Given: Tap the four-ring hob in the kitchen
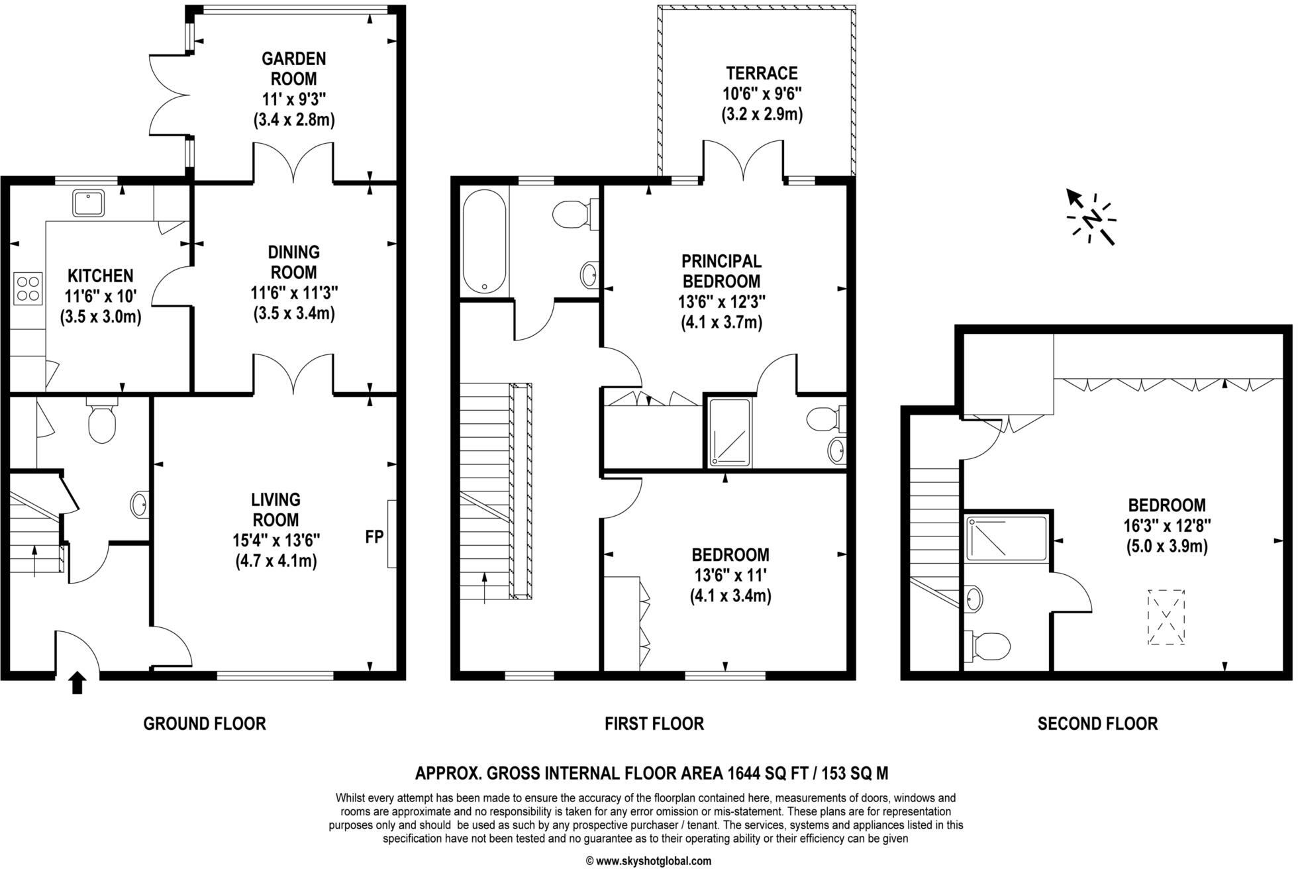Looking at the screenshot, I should point(28,288).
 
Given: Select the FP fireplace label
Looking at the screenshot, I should point(374,537).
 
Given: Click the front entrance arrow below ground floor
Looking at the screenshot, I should point(77,683).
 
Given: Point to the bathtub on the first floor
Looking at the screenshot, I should point(484,242).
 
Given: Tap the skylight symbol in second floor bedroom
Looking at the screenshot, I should point(1166,617).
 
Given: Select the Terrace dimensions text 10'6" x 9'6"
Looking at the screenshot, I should point(762,93).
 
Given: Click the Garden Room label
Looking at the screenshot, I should point(293,68).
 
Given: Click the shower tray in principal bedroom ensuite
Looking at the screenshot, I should point(730,432).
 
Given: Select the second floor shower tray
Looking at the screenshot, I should point(1005,538).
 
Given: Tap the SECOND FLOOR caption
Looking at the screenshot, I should point(1097,723).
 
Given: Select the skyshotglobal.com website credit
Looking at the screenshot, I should point(648,861).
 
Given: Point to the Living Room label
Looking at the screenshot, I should point(275,509).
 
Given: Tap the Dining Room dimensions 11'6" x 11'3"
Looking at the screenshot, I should point(294,292).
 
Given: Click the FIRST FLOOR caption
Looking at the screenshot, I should point(654,723).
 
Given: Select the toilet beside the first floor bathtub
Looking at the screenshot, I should point(571,215).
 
